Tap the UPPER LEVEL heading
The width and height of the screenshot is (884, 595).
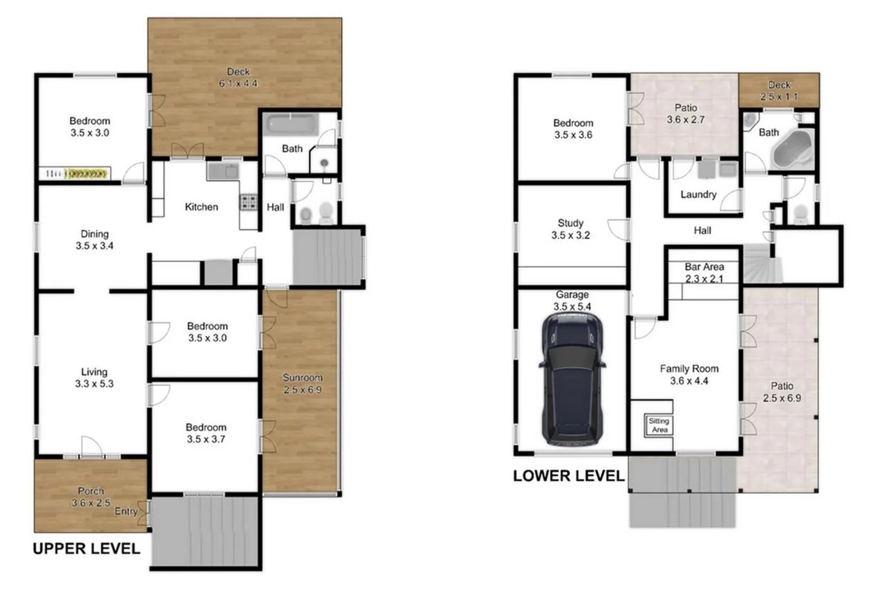pyautogui.click(x=86, y=549)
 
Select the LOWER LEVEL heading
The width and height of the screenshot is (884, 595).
pyautogui.click(x=568, y=476)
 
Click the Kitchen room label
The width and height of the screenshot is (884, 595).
pyautogui.click(x=201, y=207)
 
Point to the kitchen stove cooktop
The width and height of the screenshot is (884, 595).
pyautogui.click(x=249, y=202)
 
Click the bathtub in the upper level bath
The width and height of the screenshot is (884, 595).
pyautogui.click(x=291, y=125)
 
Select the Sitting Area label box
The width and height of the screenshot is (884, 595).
pyautogui.click(x=659, y=425)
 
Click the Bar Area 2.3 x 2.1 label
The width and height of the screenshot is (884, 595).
pyautogui.click(x=704, y=273)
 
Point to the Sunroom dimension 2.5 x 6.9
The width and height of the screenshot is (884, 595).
pyautogui.click(x=302, y=390)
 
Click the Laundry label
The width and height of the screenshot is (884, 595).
pyautogui.click(x=698, y=194)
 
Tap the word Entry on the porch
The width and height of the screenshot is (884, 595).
pyautogui.click(x=125, y=511)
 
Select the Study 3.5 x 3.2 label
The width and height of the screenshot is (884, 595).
pyautogui.click(x=570, y=229)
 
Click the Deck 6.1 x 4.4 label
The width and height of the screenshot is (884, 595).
pyautogui.click(x=238, y=78)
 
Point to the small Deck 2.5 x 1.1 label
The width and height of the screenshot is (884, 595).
pyautogui.click(x=779, y=91)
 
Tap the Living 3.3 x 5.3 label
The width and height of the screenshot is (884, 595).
pyautogui.click(x=94, y=378)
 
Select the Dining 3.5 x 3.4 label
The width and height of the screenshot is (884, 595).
pyautogui.click(x=94, y=240)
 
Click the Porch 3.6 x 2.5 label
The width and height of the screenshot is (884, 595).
pyautogui.click(x=91, y=497)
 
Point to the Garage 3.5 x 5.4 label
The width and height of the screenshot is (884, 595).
pyautogui.click(x=572, y=301)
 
